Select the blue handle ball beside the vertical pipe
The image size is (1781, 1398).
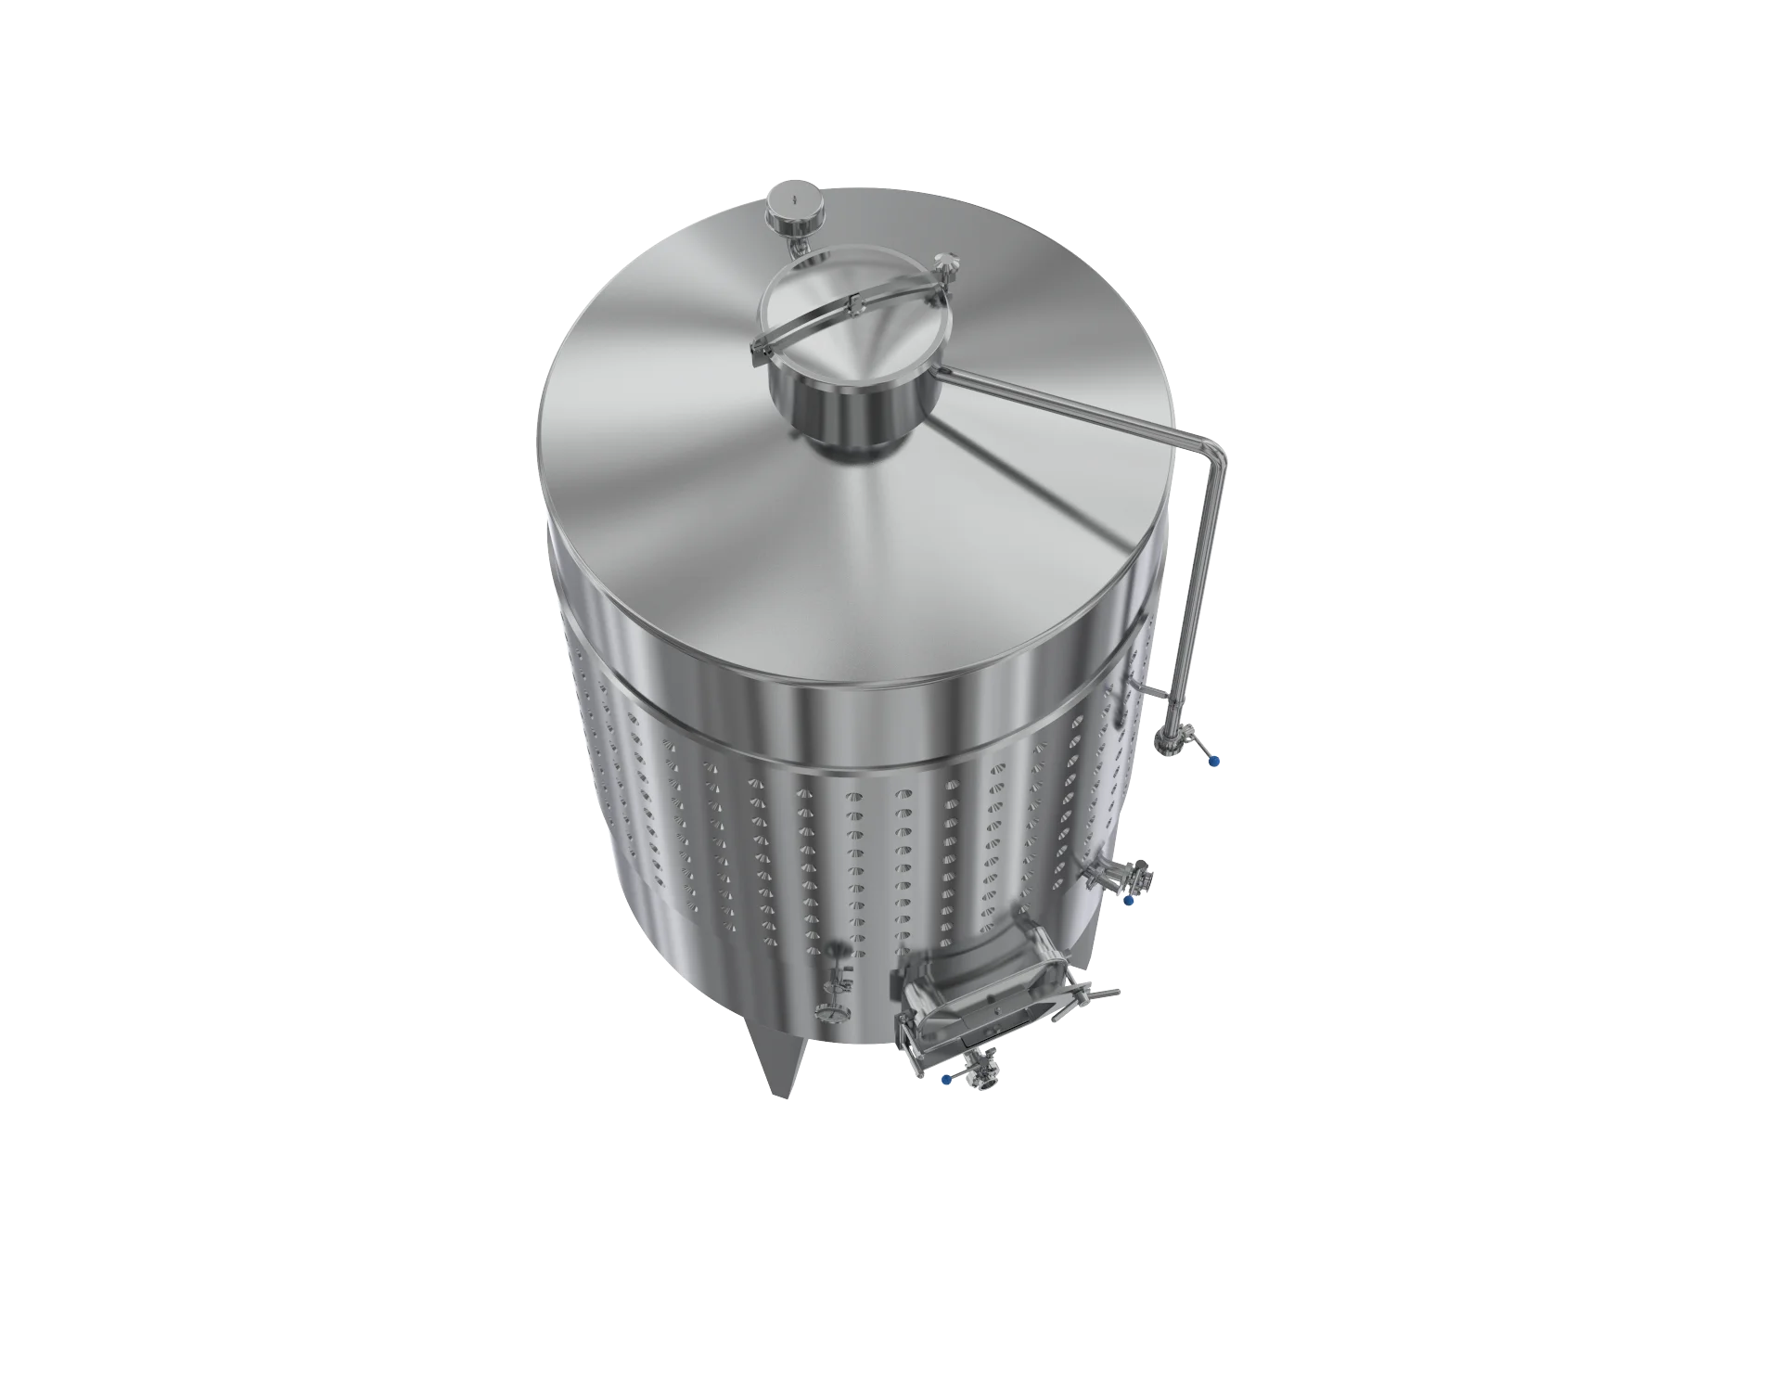[1215, 761]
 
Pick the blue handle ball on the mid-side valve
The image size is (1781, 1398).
[1129, 900]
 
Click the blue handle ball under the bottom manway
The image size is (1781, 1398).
[946, 1080]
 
